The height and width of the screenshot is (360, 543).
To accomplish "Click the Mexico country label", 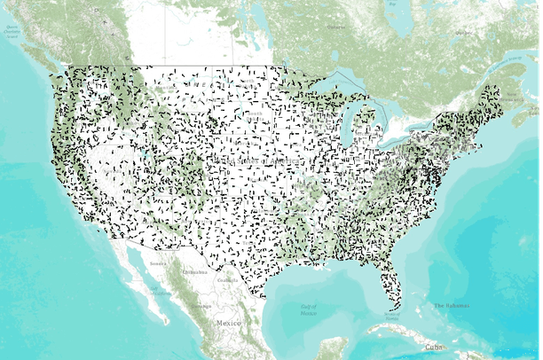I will tap(228, 324).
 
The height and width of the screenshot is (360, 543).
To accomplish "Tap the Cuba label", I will tap(433, 347).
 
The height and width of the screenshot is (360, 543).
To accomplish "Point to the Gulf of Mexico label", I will tap(308, 309).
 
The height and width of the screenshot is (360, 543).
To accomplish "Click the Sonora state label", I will tap(157, 263).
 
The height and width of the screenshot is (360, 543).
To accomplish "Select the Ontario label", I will tap(338, 27).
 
